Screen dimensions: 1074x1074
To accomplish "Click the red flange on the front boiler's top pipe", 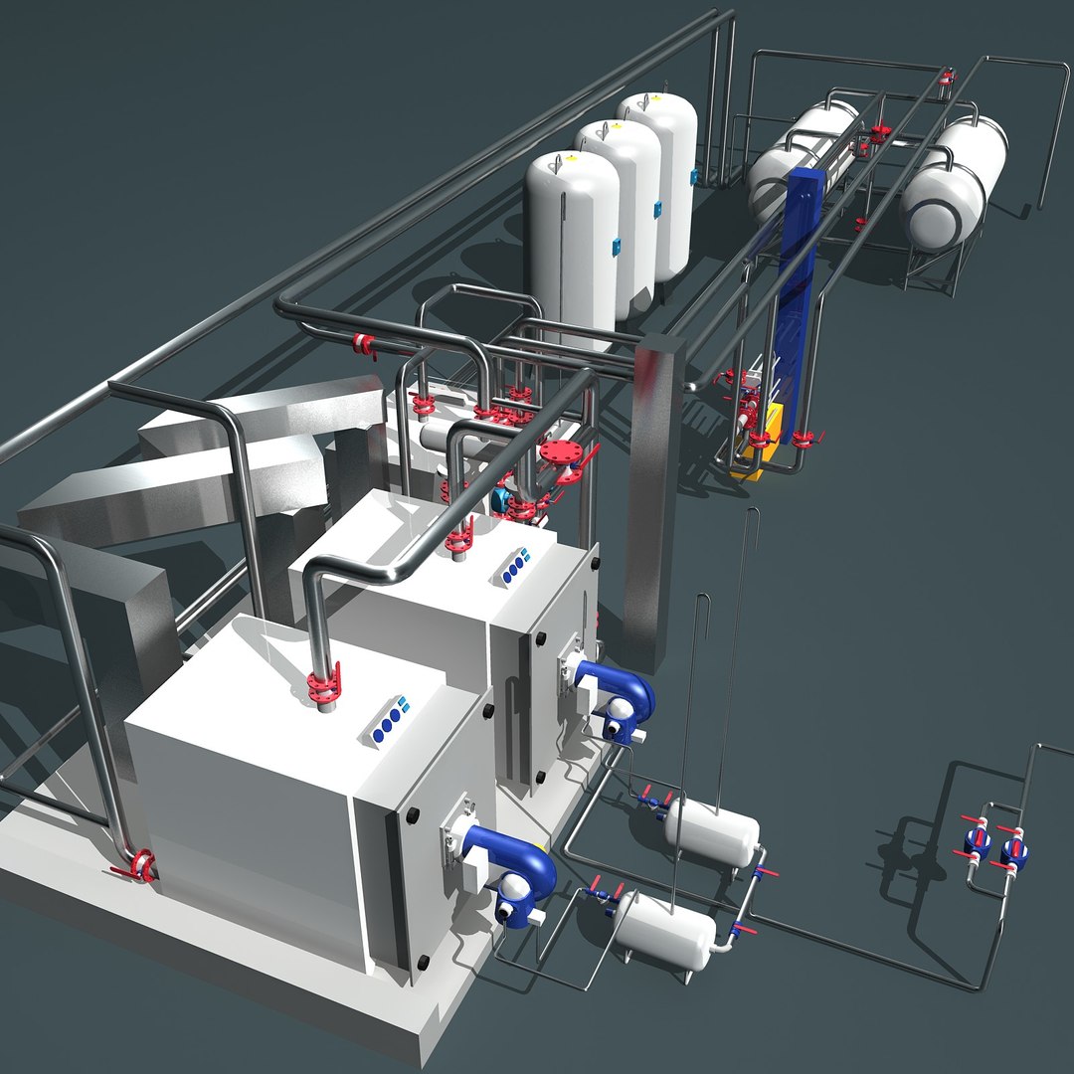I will (x=323, y=685).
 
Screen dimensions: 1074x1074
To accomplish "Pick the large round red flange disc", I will (x=562, y=458).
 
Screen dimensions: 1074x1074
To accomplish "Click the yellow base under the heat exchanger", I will (x=751, y=462).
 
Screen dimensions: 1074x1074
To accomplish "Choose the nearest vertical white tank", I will (x=572, y=244).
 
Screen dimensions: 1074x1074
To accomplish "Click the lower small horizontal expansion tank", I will (x=663, y=929).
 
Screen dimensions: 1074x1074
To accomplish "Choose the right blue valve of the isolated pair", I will (x=1013, y=851).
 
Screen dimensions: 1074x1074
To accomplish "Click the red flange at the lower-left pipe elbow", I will (x=139, y=865).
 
